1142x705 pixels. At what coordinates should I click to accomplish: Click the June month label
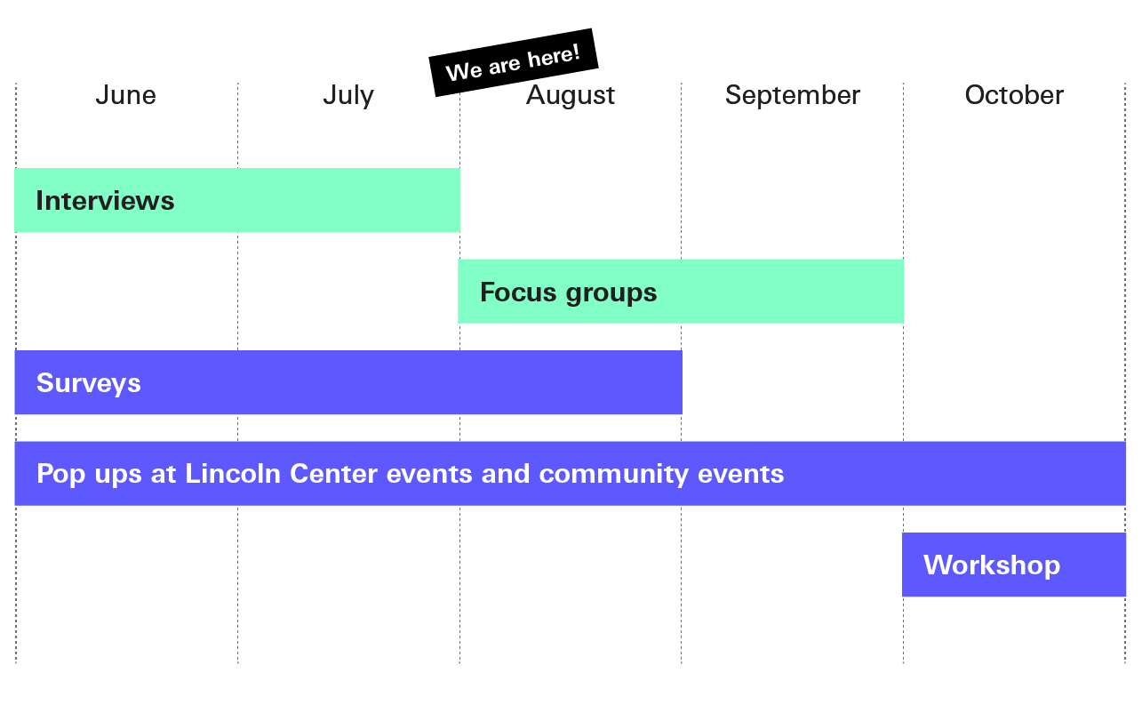[x=125, y=95]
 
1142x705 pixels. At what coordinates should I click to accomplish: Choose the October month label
[x=1014, y=95]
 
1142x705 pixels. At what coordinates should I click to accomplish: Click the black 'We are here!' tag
[x=514, y=62]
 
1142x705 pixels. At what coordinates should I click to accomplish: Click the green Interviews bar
[x=237, y=200]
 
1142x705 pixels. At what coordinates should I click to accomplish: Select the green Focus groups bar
[x=681, y=292]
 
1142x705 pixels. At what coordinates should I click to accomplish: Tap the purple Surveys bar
[x=348, y=382]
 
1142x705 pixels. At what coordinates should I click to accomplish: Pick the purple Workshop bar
[x=1014, y=565]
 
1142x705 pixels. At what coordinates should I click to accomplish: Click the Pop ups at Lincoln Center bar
[x=571, y=473]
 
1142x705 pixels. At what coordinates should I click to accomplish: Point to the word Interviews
[x=105, y=201]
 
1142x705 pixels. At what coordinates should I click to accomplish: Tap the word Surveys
[x=89, y=384]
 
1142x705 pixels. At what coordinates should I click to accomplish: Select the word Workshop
[x=992, y=565]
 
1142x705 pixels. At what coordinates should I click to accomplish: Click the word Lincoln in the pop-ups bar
[x=233, y=473]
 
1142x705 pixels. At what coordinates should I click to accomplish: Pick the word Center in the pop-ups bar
[x=333, y=474]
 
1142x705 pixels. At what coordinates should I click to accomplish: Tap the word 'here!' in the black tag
[x=554, y=56]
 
